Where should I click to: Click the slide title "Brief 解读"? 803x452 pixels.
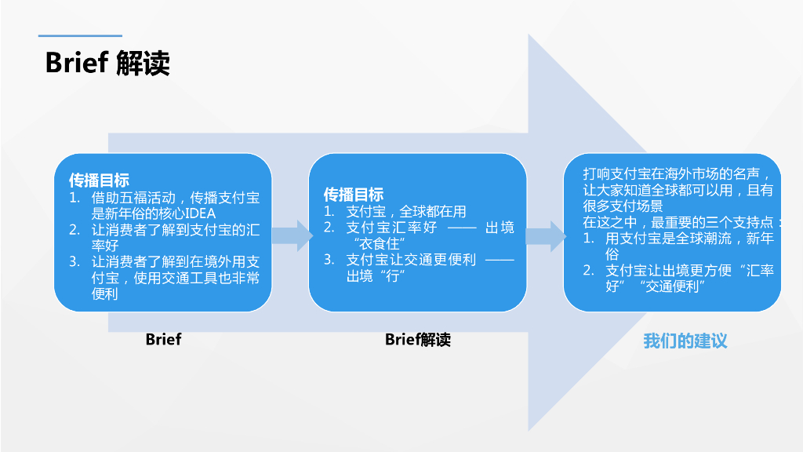pos(107,63)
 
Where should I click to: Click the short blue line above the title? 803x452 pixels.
pos(80,35)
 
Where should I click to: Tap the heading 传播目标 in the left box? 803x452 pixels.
pos(99,180)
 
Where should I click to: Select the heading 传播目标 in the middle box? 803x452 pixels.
pos(354,195)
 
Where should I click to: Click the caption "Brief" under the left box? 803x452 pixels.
pos(163,339)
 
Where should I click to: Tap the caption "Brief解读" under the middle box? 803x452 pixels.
pos(418,339)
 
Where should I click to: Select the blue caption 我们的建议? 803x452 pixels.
pos(685,341)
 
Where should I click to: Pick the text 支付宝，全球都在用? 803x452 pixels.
pos(406,211)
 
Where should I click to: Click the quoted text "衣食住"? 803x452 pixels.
pos(380,243)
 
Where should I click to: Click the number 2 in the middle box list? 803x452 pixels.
pos(329,228)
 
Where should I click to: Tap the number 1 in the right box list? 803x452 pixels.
pos(588,238)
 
